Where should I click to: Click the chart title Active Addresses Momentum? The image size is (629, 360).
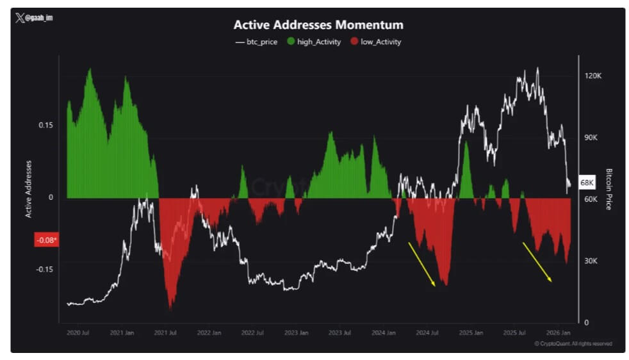tap(318, 25)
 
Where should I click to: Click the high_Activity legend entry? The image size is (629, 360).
tap(314, 42)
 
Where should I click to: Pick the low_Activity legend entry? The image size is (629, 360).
tap(374, 42)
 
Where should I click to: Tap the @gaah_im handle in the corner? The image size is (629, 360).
tap(35, 18)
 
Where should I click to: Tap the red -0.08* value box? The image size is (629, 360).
tap(46, 240)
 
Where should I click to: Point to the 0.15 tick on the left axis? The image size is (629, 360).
tap(45, 125)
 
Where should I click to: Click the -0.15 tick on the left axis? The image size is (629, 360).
tap(44, 269)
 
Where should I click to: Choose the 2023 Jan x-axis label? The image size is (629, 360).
tap(296, 333)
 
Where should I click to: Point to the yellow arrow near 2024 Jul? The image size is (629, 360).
tap(422, 264)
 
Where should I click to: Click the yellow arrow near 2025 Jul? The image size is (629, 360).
tap(537, 261)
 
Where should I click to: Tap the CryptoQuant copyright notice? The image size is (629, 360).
tap(573, 344)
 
